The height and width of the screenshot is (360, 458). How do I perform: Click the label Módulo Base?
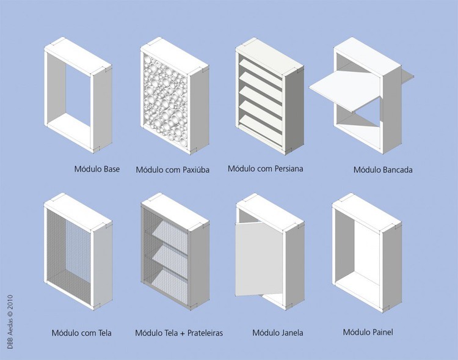click(97, 169)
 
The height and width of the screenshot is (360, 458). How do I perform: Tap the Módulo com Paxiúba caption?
click(173, 170)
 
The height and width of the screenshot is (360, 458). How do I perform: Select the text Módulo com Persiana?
click(266, 169)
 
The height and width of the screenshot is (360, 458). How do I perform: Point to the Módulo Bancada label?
click(383, 170)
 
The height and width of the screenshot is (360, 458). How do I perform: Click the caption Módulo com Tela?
click(81, 333)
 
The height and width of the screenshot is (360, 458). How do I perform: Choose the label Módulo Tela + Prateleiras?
click(179, 333)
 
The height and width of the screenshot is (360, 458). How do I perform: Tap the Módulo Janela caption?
click(278, 332)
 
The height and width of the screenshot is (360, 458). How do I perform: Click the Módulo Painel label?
click(368, 332)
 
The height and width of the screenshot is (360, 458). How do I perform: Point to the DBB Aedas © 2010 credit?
click(10, 321)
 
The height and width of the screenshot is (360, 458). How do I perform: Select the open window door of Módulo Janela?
click(259, 259)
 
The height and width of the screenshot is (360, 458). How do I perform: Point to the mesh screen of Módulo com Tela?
click(68, 257)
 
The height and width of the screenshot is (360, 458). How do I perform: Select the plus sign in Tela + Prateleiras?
click(182, 333)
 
